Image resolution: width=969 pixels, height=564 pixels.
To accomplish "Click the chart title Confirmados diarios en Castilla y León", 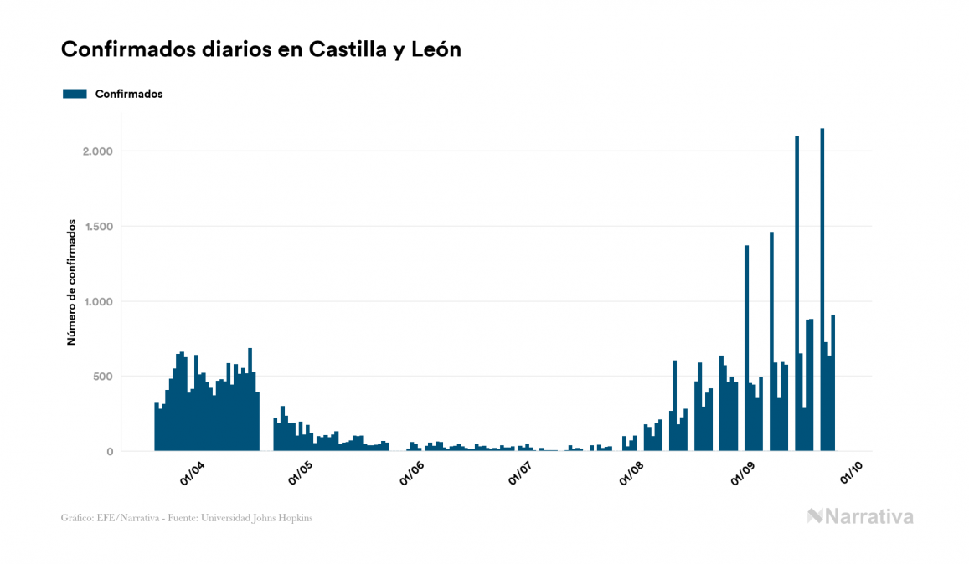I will click(261, 49).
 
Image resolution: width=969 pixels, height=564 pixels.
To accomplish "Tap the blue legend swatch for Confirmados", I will click(75, 94).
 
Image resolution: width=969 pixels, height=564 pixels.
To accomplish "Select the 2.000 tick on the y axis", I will click(98, 151).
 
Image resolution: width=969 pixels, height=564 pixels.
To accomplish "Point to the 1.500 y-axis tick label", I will click(98, 226).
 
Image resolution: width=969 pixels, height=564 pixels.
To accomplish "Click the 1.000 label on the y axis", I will click(98, 301).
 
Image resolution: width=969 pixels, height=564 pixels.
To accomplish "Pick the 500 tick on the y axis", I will click(102, 377).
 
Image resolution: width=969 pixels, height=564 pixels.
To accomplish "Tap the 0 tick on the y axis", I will click(109, 452).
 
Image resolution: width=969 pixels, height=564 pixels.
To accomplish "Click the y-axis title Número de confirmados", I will click(72, 282).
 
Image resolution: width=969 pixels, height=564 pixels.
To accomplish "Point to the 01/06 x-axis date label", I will click(412, 474).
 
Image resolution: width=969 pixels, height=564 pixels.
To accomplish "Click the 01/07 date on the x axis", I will click(520, 474).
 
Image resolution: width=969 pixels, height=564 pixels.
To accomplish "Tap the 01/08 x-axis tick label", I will click(631, 474).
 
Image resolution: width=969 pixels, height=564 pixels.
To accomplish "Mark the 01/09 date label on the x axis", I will click(743, 474).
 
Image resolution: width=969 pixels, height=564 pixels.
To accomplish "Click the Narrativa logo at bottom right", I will click(860, 516).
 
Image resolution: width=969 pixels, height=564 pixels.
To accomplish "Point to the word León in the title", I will click(436, 49).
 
